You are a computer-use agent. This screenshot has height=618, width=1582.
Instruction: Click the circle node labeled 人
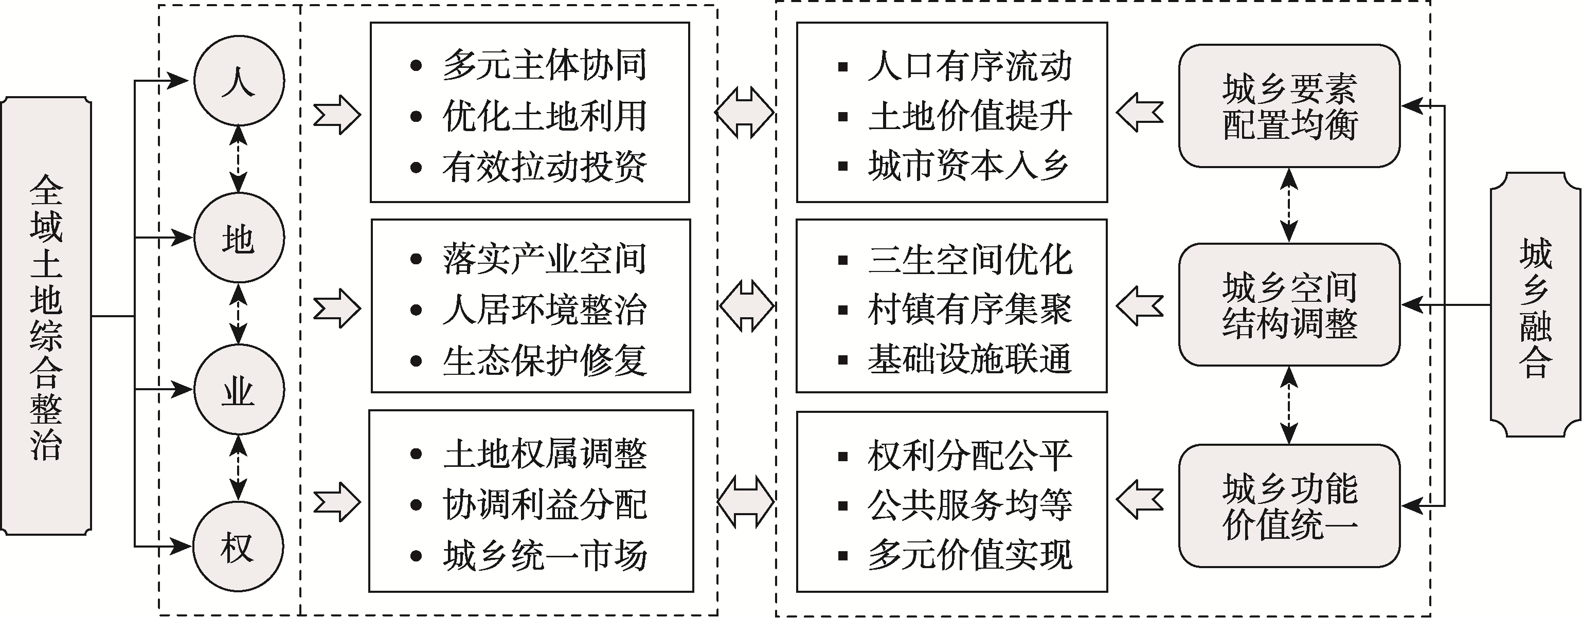[x=239, y=80]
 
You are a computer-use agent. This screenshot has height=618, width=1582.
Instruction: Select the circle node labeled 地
[x=239, y=238]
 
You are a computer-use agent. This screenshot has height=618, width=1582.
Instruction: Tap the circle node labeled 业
[x=239, y=389]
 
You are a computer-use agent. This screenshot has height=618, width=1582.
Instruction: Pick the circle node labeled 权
[x=239, y=546]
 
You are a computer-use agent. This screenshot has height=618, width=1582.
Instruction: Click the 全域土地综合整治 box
[x=46, y=316]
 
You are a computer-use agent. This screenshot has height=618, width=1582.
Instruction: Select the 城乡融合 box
[x=1536, y=304]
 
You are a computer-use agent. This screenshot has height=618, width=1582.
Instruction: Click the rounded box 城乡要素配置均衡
[x=1289, y=105]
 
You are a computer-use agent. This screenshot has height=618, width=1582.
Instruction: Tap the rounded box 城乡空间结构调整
[x=1289, y=304]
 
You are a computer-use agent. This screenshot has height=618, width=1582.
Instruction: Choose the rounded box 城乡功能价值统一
[x=1289, y=506]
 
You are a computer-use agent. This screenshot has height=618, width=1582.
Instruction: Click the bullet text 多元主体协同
[x=544, y=65]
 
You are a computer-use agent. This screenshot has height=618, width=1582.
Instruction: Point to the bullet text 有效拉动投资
[x=544, y=166]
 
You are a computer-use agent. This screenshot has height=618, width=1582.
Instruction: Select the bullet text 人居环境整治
[x=544, y=310]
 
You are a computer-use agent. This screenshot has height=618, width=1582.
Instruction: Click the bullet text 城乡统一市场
[x=544, y=555]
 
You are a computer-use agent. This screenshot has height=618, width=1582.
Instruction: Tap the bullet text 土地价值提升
[x=970, y=116]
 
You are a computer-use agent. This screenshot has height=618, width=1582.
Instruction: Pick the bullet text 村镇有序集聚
[x=970, y=310]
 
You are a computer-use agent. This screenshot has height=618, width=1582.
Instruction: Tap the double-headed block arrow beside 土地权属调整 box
[x=746, y=502]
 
